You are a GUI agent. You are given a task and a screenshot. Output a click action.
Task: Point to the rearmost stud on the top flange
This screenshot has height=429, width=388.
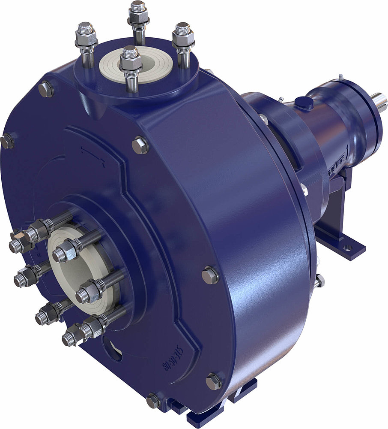(138, 17)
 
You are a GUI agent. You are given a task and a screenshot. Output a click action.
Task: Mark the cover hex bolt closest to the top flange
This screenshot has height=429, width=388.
(140, 145)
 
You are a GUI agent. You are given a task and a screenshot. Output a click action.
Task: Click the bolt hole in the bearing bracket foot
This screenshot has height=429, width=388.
(348, 248)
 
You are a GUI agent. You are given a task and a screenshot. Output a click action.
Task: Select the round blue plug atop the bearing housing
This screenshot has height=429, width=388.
(304, 103)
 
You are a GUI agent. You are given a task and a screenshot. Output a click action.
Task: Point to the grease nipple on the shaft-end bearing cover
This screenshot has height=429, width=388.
(340, 77)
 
